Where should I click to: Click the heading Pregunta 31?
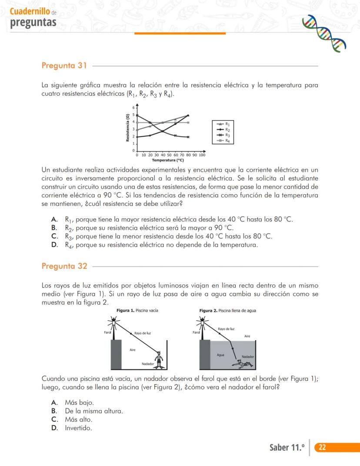64,66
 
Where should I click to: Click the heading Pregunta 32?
64,266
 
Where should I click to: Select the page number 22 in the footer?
323,447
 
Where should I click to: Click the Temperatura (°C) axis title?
168,160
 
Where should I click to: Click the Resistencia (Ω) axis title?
127,127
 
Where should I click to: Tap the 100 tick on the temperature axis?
202,155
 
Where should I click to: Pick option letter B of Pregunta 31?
54,228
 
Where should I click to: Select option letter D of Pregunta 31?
54,245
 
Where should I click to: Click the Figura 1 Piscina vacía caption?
137,310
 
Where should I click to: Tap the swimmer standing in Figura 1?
160,359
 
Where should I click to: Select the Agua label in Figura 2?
220,355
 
